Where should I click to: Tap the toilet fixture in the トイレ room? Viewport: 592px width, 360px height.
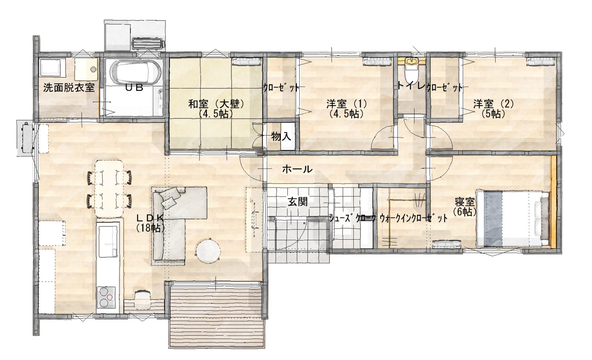[412, 70]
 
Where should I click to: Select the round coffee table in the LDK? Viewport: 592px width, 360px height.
[209, 251]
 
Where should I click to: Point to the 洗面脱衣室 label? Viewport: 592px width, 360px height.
[69, 88]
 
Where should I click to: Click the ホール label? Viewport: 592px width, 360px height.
[297, 169]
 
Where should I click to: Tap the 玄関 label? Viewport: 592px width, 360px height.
[298, 202]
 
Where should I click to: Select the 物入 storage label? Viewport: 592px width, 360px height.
[281, 137]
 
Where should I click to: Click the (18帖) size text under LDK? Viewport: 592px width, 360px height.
[150, 228]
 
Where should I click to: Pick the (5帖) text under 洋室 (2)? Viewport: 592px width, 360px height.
[493, 113]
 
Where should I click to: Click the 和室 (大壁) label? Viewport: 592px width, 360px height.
[216, 104]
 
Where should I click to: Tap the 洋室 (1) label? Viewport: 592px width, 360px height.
[346, 104]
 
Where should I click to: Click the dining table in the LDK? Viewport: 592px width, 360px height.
[109, 188]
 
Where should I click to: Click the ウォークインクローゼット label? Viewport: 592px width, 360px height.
[413, 219]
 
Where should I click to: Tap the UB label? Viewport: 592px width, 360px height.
[134, 87]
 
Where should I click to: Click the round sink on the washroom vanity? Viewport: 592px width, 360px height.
[93, 69]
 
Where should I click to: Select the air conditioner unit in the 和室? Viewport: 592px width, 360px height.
[245, 61]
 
